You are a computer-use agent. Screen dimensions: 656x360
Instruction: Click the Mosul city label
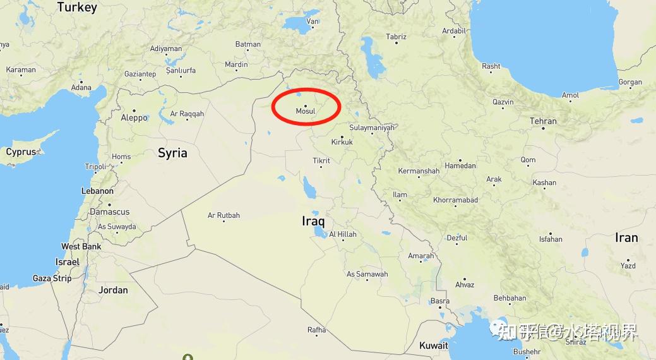(306, 111)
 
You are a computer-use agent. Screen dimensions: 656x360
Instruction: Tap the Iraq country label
(313, 221)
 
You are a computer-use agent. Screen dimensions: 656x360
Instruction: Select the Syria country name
(172, 153)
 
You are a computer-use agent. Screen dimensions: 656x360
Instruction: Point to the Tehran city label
(543, 121)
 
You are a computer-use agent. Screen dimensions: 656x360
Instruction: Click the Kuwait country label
(434, 345)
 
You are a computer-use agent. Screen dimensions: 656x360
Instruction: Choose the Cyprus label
(21, 152)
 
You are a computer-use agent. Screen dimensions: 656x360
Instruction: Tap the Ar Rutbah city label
(224, 215)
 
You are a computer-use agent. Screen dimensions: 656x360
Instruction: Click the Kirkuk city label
(342, 142)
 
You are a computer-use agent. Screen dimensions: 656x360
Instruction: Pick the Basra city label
(440, 301)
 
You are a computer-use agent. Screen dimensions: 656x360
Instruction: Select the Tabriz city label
(396, 37)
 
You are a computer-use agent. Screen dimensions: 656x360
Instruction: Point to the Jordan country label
(113, 290)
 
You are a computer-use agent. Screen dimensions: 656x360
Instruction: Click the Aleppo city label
(134, 117)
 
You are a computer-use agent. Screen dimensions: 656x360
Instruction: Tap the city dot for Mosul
(306, 105)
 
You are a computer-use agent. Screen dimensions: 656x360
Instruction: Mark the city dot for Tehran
(543, 128)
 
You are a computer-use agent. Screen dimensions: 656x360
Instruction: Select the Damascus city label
(109, 212)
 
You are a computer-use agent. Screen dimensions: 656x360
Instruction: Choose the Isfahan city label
(551, 239)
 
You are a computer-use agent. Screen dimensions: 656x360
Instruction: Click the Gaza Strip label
(52, 278)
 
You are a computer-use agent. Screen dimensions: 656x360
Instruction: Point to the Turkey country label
(77, 8)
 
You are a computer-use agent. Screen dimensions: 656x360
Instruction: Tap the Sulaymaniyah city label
(372, 128)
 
